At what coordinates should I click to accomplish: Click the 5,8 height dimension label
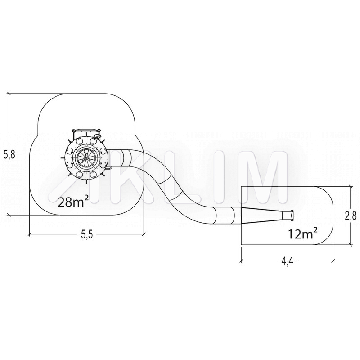pyautogui.click(x=9, y=155)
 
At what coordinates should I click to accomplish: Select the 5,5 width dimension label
pyautogui.click(x=86, y=234)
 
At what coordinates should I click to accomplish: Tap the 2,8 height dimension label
pyautogui.click(x=351, y=216)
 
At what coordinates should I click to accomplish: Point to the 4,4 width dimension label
pyautogui.click(x=287, y=261)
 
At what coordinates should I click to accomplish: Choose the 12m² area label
pyautogui.click(x=303, y=234)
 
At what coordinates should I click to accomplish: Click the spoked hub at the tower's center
pyautogui.click(x=86, y=158)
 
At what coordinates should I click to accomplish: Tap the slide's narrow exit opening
pyautogui.click(x=291, y=216)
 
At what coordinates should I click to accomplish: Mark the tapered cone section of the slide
pyautogui.click(x=261, y=216)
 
